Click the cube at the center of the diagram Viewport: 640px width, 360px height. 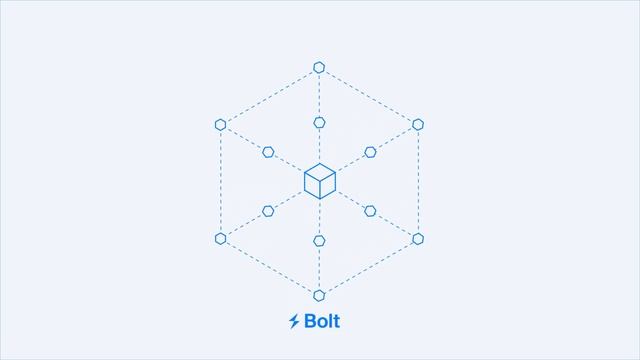coord(319,181)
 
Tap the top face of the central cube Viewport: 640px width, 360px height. coord(319,172)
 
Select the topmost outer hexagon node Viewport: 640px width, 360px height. coord(319,67)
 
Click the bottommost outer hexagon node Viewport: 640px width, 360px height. coord(319,295)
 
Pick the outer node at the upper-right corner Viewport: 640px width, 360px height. coord(418,124)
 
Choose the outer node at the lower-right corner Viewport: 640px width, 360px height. coord(418,238)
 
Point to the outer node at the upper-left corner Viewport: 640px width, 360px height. coord(220,124)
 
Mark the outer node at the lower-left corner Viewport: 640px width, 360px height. coord(220,238)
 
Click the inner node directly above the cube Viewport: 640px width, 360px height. coord(319,122)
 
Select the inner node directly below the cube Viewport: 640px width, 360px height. coord(319,240)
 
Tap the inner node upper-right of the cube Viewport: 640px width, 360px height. coord(370,152)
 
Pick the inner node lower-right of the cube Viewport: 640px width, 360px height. coord(370,211)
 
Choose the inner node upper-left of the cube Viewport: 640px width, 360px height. coord(268,152)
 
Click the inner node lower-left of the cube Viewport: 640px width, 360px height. coord(268,211)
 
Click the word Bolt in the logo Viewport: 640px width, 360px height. coord(321,321)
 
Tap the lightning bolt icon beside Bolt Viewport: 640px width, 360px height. coord(294,321)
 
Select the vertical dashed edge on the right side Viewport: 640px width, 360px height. coord(418,181)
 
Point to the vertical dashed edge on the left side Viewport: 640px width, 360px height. coord(220,181)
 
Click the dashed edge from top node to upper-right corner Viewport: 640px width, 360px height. coord(368,95)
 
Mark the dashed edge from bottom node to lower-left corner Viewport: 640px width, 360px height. coord(270,267)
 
